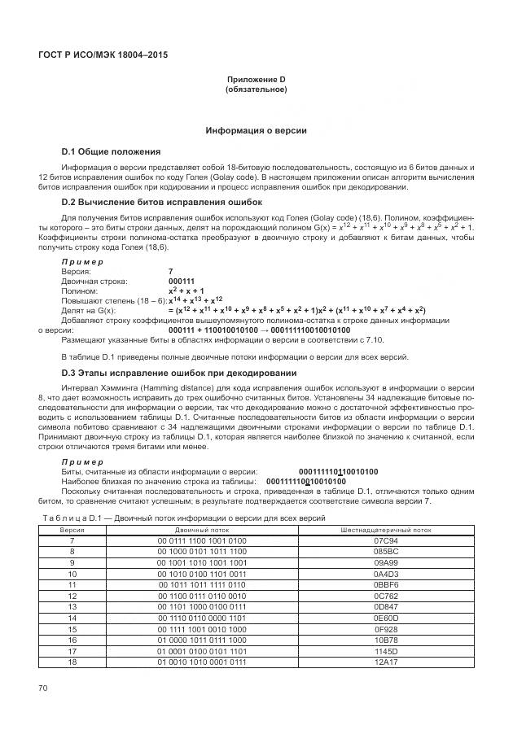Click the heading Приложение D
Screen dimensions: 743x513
[256, 80]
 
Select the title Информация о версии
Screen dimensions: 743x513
[256, 130]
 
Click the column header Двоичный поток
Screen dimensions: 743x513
[202, 529]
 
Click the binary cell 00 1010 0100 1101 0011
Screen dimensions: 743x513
[202, 574]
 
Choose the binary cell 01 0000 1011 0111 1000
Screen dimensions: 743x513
[202, 640]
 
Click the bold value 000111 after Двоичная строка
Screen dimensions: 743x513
[181, 281]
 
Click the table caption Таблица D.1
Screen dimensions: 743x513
[178, 518]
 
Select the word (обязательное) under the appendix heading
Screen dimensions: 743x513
[256, 90]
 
